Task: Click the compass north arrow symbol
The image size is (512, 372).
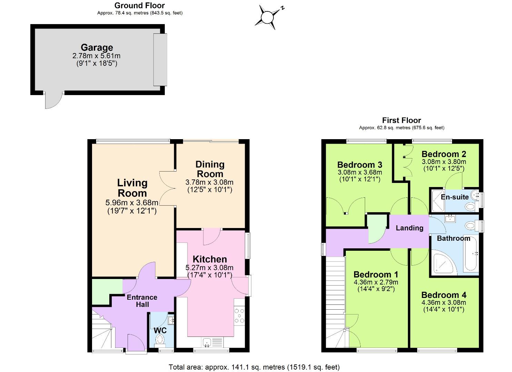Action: pyautogui.click(x=267, y=17)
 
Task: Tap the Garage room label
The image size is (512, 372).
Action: pyautogui.click(x=97, y=48)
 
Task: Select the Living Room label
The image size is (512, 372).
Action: pyautogui.click(x=132, y=188)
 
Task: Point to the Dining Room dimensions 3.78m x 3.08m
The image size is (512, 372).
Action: pyautogui.click(x=209, y=182)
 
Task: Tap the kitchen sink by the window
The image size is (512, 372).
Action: pyautogui.click(x=207, y=342)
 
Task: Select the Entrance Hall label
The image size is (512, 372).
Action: pyautogui.click(x=142, y=301)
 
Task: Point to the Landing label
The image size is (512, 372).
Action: pyautogui.click(x=409, y=228)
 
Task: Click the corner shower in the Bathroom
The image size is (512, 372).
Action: pyautogui.click(x=442, y=263)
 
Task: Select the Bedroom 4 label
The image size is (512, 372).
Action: pyautogui.click(x=444, y=295)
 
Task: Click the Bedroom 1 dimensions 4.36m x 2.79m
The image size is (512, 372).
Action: pyautogui.click(x=376, y=282)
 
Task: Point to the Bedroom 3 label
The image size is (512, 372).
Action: pyautogui.click(x=359, y=165)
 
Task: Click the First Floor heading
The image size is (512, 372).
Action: pyautogui.click(x=401, y=120)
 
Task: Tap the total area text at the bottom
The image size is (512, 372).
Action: pyautogui.click(x=254, y=367)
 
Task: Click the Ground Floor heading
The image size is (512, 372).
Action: pyautogui.click(x=139, y=6)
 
